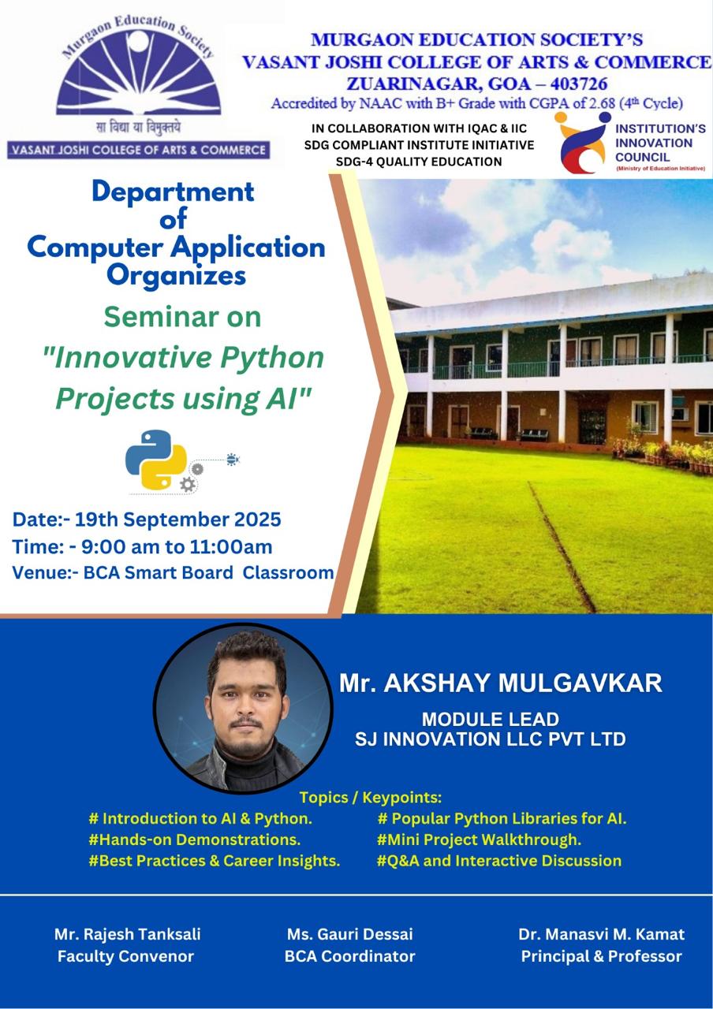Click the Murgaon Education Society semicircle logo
coord(138,72)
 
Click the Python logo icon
coord(156,460)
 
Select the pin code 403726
coord(579,84)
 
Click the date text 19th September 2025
coord(177,519)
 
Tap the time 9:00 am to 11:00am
coord(177,547)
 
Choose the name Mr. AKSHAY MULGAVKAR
coord(501,683)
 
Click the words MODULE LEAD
coord(491,720)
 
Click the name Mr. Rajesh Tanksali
coord(128,934)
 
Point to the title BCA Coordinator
coord(349,956)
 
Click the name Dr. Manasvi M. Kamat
coord(601,934)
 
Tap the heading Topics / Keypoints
coord(371,797)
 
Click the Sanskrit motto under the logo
coord(138,128)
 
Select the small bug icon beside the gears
coord(233,459)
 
